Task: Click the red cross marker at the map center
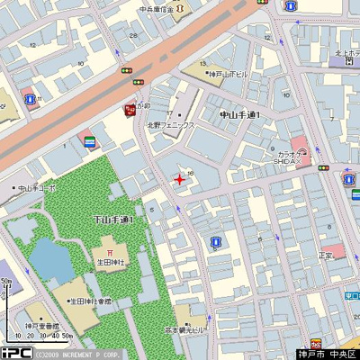tap(179, 179)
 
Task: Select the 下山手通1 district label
tap(113, 220)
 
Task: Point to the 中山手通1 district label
tap(239, 115)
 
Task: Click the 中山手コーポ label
tap(36, 189)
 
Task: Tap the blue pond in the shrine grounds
tap(52, 259)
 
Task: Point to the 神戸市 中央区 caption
tap(328, 353)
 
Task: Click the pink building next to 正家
tap(333, 249)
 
